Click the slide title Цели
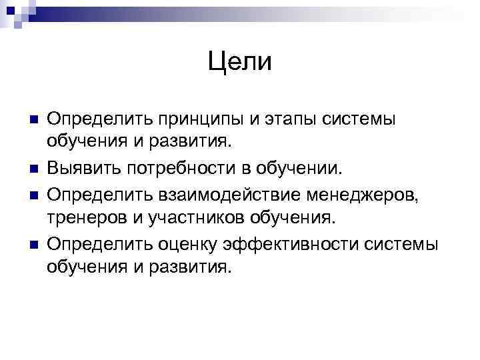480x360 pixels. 239,62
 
